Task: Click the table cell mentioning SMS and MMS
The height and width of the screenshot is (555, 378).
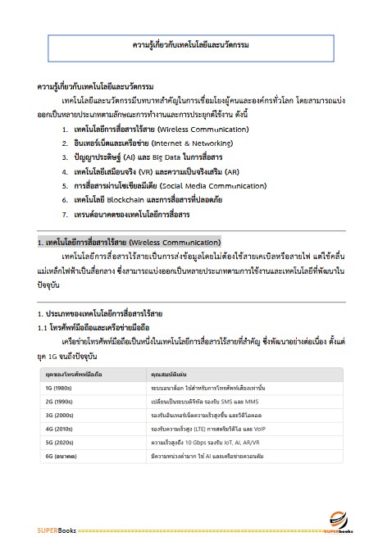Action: tap(195, 402)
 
